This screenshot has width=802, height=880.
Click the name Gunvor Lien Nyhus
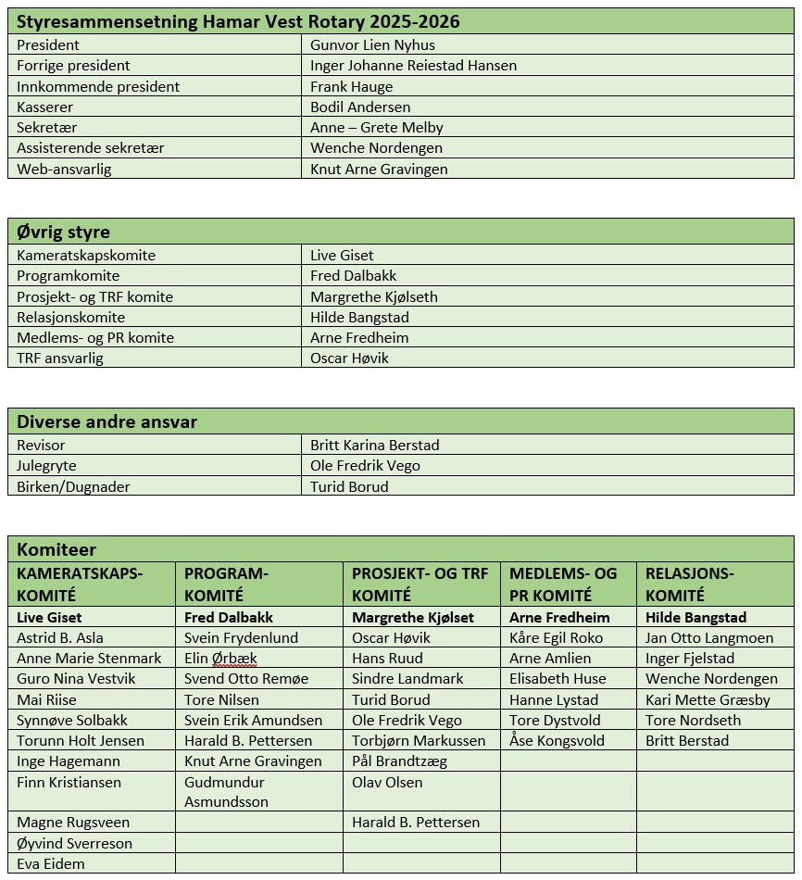[372, 44]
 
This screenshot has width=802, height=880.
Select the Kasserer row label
[44, 107]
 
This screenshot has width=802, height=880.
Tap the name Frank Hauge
[351, 86]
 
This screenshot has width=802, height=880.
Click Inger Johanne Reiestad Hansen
[413, 66]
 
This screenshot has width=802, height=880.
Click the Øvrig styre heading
[63, 232]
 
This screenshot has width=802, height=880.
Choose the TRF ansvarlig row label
[60, 358]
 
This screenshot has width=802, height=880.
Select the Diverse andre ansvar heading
[107, 421]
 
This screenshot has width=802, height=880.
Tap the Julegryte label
[46, 466]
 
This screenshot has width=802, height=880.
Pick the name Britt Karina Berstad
[374, 446]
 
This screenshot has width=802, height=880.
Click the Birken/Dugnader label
[73, 486]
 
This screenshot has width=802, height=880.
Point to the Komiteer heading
[56, 549]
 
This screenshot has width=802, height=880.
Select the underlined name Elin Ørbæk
[220, 659]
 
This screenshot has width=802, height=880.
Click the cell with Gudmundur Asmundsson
[227, 792]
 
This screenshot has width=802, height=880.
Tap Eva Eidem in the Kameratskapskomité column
[50, 863]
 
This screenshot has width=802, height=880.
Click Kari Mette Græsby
[708, 699]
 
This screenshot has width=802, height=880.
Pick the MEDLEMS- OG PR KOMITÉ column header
[562, 585]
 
